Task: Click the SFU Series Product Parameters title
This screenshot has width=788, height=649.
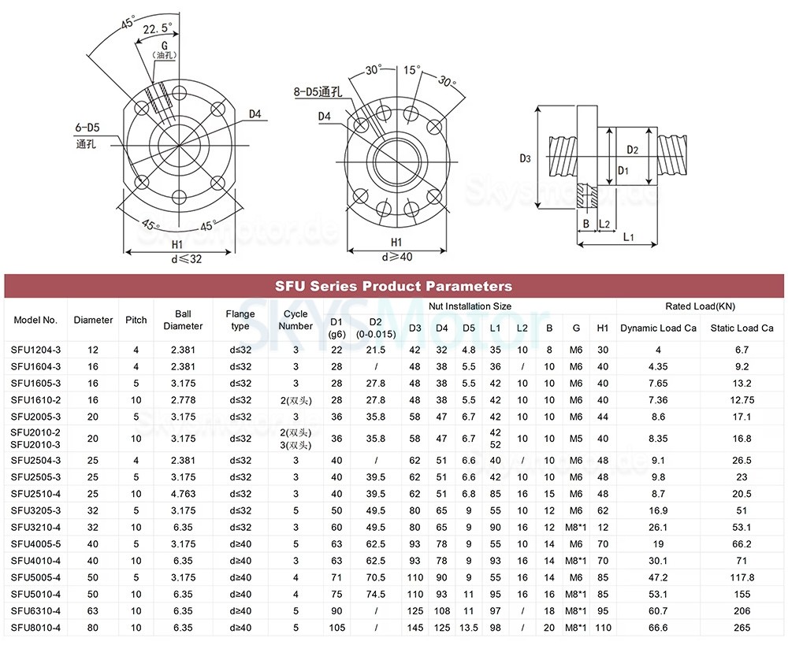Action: pyautogui.click(x=393, y=286)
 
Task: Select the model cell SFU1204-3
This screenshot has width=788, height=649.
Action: pyautogui.click(x=35, y=349)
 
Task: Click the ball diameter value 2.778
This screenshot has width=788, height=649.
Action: pyautogui.click(x=183, y=400)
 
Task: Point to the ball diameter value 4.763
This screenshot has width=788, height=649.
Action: pyautogui.click(x=183, y=494)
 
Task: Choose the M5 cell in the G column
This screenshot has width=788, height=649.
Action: pyautogui.click(x=576, y=437)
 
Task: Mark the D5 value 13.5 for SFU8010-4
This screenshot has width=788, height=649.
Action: pyautogui.click(x=469, y=628)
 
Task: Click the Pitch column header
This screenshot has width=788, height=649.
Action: pyautogui.click(x=136, y=321)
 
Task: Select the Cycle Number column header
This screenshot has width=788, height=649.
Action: pyautogui.click(x=296, y=321)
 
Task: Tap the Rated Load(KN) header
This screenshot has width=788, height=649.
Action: pyautogui.click(x=700, y=306)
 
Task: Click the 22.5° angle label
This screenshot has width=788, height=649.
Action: pyautogui.click(x=158, y=29)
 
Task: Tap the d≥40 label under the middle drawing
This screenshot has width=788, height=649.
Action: pyautogui.click(x=397, y=257)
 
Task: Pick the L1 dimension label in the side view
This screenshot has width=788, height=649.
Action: pyautogui.click(x=628, y=236)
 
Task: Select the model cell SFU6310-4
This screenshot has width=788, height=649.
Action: pyautogui.click(x=35, y=610)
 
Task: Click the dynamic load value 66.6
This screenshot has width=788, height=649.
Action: pyautogui.click(x=652, y=628)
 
